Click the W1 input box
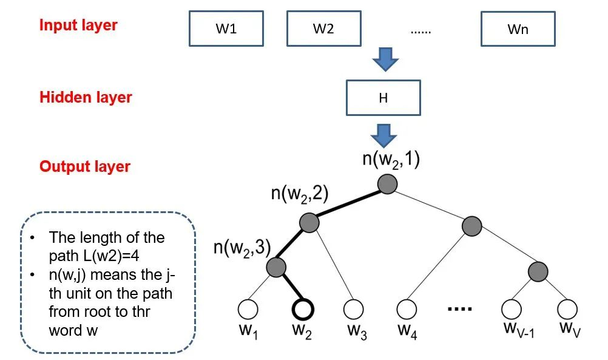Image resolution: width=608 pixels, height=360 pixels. [x=226, y=29]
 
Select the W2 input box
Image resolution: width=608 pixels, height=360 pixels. [x=323, y=29]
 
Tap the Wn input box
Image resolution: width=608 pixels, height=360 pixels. [x=518, y=29]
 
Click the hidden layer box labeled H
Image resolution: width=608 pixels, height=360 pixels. [x=383, y=98]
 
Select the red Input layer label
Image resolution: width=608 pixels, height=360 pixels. [x=78, y=26]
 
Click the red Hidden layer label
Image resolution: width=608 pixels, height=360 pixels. [x=86, y=97]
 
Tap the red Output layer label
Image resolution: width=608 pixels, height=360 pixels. [x=85, y=166]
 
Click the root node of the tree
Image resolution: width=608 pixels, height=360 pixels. [x=388, y=184]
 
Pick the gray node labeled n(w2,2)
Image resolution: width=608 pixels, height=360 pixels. [x=309, y=222]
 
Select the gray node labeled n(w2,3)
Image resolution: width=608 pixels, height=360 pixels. [x=276, y=267]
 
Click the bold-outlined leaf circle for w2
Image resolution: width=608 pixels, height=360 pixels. [x=303, y=310]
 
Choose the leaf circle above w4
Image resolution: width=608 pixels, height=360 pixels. [x=407, y=310]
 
